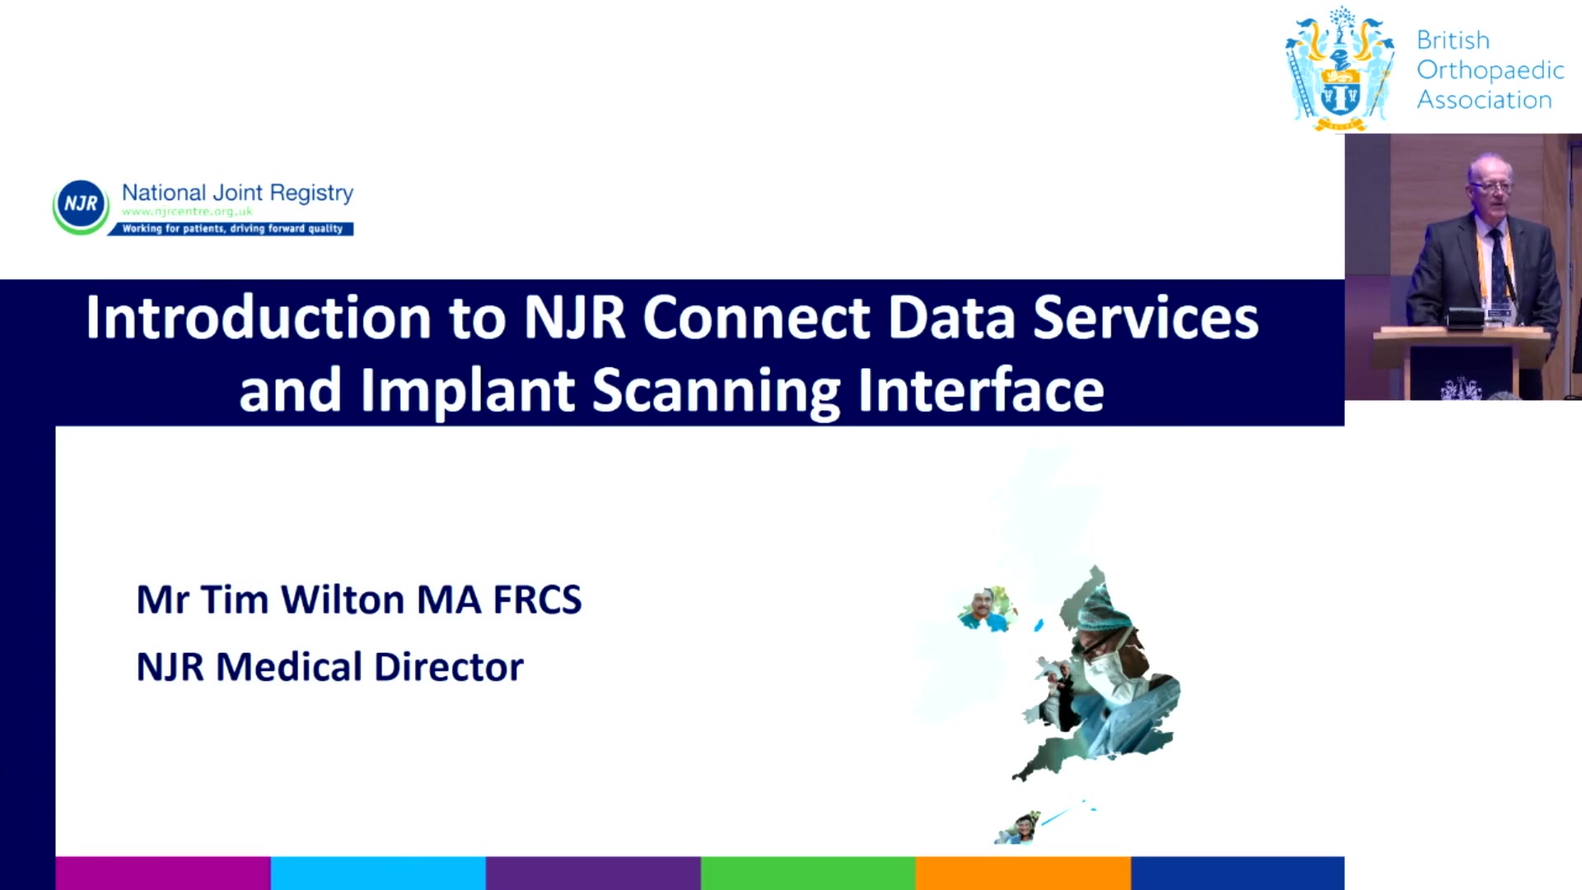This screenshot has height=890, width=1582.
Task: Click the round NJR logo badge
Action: [81, 206]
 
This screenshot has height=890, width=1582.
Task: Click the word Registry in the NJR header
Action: [311, 194]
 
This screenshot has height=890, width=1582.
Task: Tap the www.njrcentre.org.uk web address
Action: [187, 212]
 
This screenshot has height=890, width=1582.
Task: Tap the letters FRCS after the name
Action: [537, 600]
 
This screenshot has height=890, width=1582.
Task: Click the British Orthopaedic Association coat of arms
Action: [1341, 69]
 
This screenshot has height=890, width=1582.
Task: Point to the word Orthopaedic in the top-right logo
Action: [1491, 70]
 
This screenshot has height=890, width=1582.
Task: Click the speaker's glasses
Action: [1490, 186]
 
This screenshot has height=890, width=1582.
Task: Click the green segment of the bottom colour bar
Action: [808, 873]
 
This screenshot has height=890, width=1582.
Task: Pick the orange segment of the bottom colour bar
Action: [1023, 873]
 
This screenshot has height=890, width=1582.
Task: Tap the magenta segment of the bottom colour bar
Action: [163, 873]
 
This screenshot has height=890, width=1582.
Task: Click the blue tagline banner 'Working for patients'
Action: [232, 228]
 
